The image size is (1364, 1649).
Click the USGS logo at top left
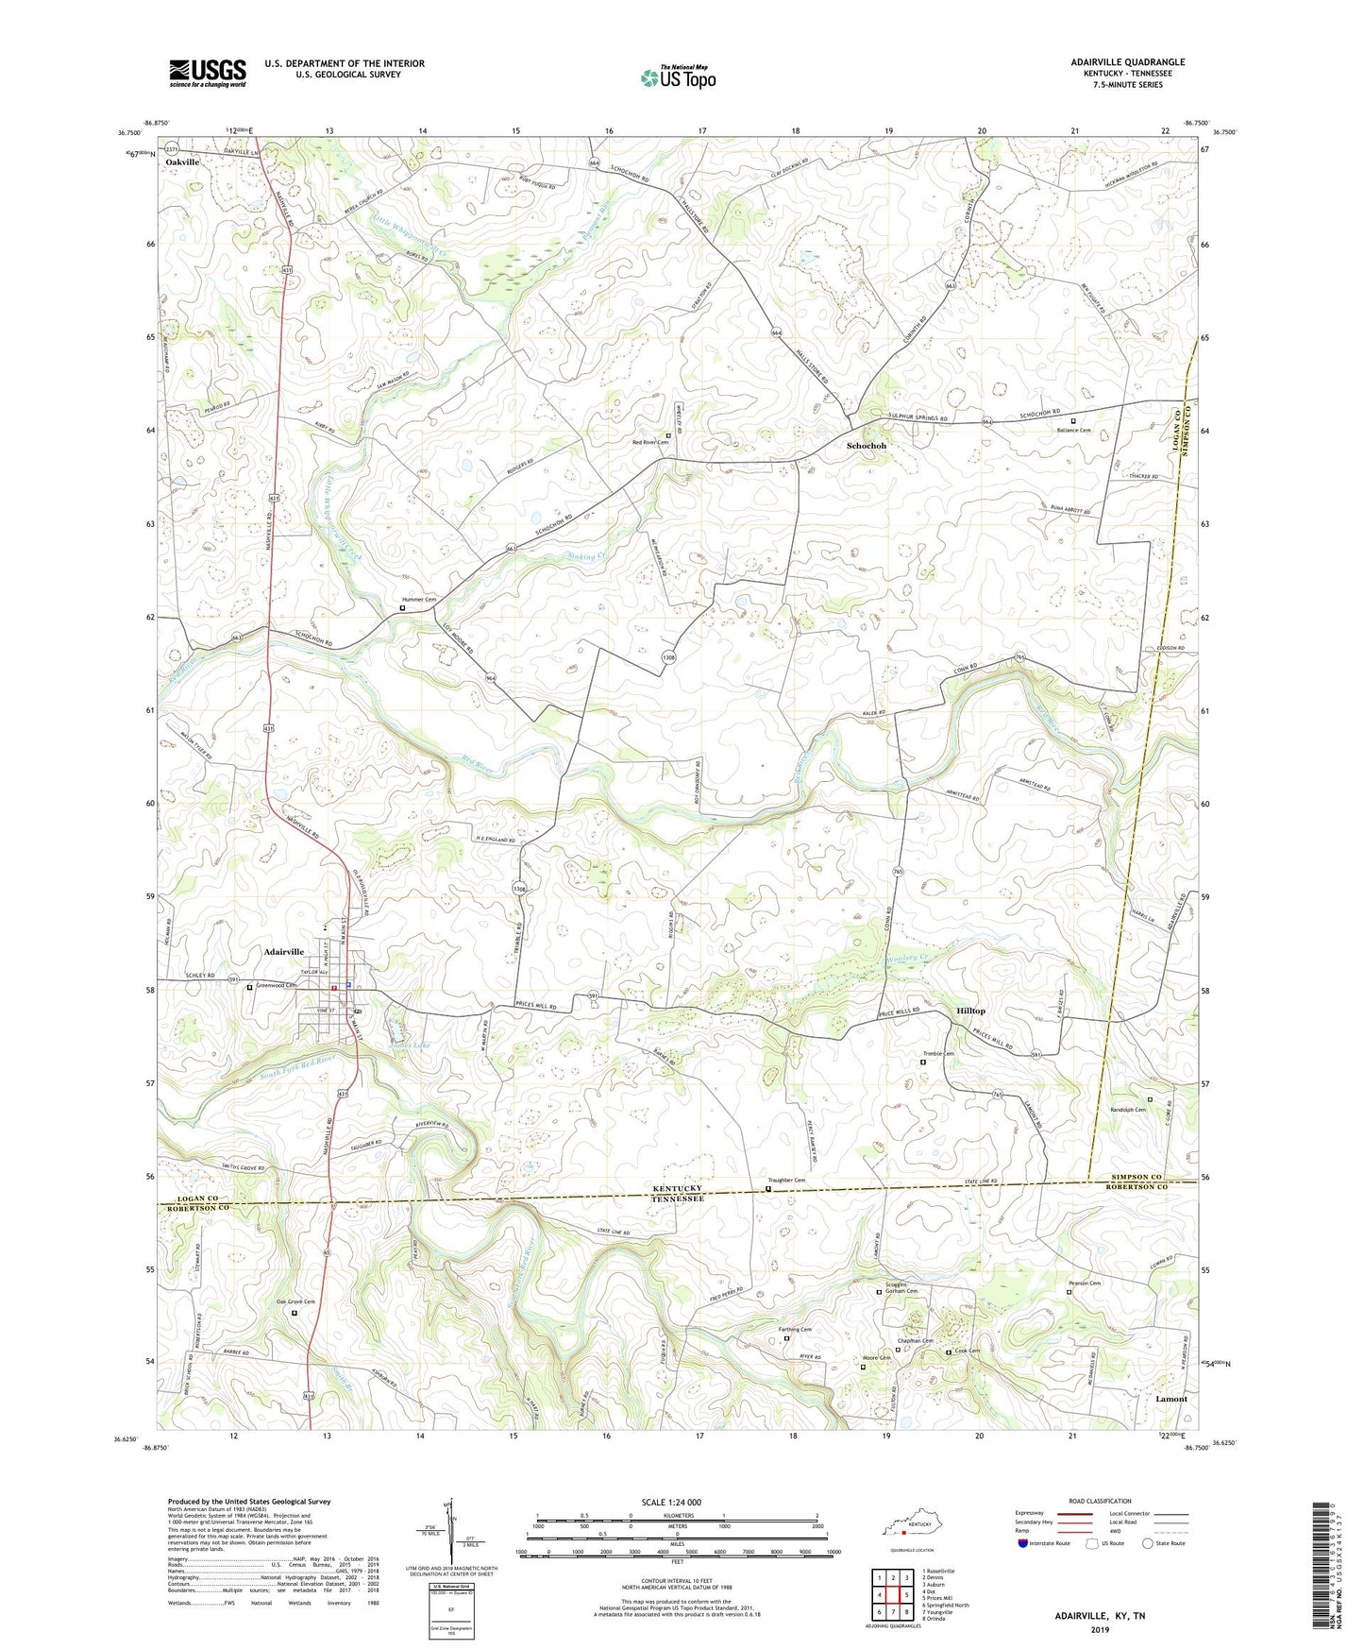(x=207, y=73)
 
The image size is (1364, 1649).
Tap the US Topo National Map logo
(x=678, y=76)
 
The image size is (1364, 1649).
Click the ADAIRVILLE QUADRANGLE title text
(x=1115, y=62)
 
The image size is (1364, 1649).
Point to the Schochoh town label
(x=866, y=446)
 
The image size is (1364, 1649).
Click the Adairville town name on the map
(x=278, y=952)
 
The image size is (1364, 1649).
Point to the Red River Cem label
(x=649, y=443)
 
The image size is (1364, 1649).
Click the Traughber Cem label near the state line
(x=785, y=1181)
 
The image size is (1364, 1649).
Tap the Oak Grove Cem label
(x=295, y=1302)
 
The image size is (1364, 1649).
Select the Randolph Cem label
(x=1127, y=1110)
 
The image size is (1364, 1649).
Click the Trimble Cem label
(x=937, y=1054)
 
